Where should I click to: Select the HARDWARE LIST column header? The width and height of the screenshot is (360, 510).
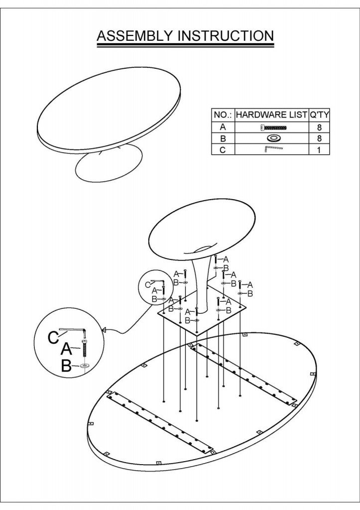[271, 115]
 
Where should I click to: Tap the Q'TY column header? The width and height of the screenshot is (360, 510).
[319, 115]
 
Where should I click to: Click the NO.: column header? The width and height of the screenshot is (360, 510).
[223, 115]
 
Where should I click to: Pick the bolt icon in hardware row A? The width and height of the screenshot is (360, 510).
[273, 127]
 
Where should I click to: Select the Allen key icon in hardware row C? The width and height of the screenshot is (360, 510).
[273, 149]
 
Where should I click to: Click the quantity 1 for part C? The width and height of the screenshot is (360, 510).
[319, 150]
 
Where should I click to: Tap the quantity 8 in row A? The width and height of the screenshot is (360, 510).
[319, 127]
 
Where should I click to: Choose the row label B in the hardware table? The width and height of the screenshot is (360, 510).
[223, 138]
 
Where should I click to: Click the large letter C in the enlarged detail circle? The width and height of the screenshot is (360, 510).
[53, 337]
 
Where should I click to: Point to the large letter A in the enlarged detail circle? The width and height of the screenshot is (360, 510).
[66, 349]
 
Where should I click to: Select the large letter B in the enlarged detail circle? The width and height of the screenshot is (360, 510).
[66, 367]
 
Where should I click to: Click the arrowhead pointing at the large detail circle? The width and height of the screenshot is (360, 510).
[105, 330]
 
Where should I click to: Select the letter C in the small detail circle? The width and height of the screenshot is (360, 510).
[148, 285]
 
